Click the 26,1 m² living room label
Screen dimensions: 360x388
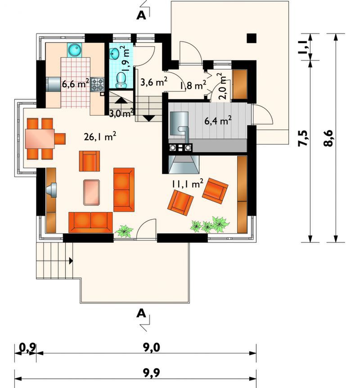(100, 136)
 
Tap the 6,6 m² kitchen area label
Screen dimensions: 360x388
(76, 84)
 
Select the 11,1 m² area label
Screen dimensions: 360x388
(188, 184)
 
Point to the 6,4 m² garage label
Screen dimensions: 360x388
(218, 121)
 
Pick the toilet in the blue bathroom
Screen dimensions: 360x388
(121, 80)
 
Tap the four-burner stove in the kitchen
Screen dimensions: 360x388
(97, 85)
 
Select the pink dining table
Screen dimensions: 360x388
(40, 139)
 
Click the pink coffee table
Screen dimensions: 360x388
(91, 193)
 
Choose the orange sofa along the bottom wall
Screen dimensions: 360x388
(90, 222)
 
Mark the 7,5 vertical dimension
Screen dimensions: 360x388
(304, 138)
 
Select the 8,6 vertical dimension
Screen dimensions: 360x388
(329, 138)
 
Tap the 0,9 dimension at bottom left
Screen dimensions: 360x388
(28, 347)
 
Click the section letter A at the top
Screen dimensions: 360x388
(141, 15)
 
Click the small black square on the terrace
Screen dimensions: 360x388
(252, 38)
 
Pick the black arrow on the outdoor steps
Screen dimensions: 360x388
(71, 261)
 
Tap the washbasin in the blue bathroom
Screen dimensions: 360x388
(115, 54)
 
